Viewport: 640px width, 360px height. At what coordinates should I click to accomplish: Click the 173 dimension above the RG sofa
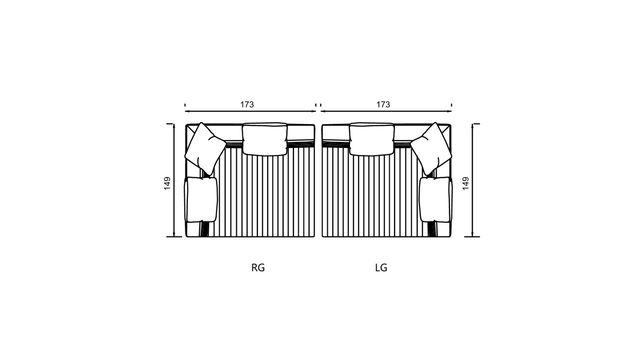(247, 104)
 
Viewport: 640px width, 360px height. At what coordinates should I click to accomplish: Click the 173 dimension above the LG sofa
(383, 104)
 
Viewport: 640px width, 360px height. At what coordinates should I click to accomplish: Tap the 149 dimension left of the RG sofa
(168, 183)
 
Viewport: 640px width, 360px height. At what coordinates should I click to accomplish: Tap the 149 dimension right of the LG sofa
(466, 183)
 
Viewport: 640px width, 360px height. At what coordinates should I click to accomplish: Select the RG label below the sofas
(258, 268)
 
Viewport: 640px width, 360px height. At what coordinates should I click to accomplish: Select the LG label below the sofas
(381, 268)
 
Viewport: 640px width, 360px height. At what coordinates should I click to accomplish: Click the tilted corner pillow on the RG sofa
(205, 149)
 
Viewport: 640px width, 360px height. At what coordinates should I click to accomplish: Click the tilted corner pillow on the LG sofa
(431, 149)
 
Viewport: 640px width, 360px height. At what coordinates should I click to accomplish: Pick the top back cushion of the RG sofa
(264, 139)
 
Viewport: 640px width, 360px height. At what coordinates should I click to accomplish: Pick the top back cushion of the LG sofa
(372, 139)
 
